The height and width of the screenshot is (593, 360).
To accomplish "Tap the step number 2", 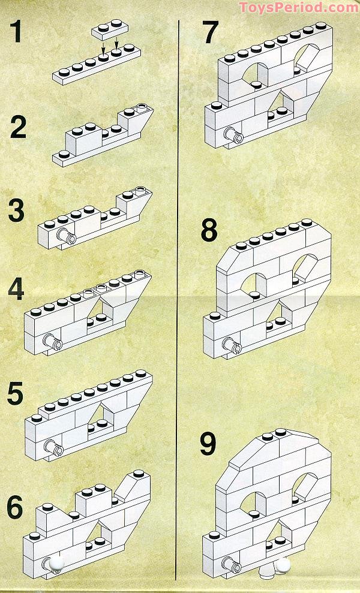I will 22,128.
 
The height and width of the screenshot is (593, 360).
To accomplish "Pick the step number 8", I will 209,231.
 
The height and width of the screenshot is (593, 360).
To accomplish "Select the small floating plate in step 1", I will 110,32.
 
